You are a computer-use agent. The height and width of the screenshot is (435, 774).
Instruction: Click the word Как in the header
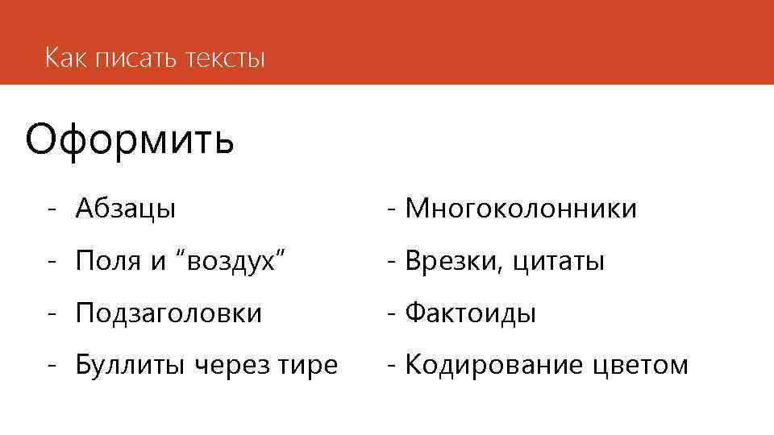(66, 58)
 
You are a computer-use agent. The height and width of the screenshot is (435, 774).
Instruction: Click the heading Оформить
(130, 139)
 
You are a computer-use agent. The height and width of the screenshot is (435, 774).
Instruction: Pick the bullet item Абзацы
(126, 209)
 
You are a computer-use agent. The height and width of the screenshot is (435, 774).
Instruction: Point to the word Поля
(106, 261)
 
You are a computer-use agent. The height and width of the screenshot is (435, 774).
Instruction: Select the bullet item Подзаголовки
(169, 313)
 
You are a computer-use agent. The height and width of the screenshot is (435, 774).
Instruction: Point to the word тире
(308, 366)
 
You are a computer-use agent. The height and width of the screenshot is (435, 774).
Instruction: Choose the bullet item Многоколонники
(521, 209)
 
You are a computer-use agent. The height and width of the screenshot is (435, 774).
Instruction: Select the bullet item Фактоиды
(471, 313)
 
